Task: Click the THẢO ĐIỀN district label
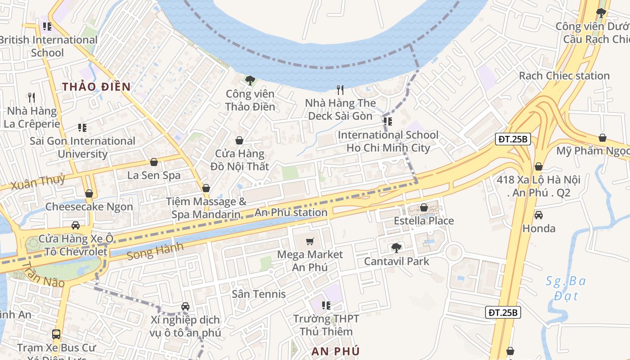(x=96, y=87)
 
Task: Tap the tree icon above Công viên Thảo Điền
(x=250, y=81)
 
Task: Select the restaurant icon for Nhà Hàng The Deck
(x=340, y=90)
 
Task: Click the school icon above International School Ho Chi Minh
(x=387, y=121)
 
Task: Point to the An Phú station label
(x=291, y=212)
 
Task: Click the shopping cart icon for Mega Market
(x=310, y=242)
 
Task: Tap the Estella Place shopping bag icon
(x=423, y=207)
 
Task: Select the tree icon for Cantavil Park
(x=396, y=247)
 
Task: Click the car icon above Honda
(x=538, y=215)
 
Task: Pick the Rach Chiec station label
(x=564, y=76)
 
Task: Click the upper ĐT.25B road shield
(x=513, y=139)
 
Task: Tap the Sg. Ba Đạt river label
(x=566, y=288)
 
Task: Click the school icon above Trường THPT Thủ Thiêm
(x=326, y=306)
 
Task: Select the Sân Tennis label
(x=259, y=294)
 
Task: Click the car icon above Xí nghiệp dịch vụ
(x=185, y=306)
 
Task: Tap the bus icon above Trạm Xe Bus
(x=56, y=334)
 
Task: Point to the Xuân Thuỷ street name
(x=38, y=182)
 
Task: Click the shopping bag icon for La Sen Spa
(x=154, y=162)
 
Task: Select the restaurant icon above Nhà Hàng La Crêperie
(x=31, y=97)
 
